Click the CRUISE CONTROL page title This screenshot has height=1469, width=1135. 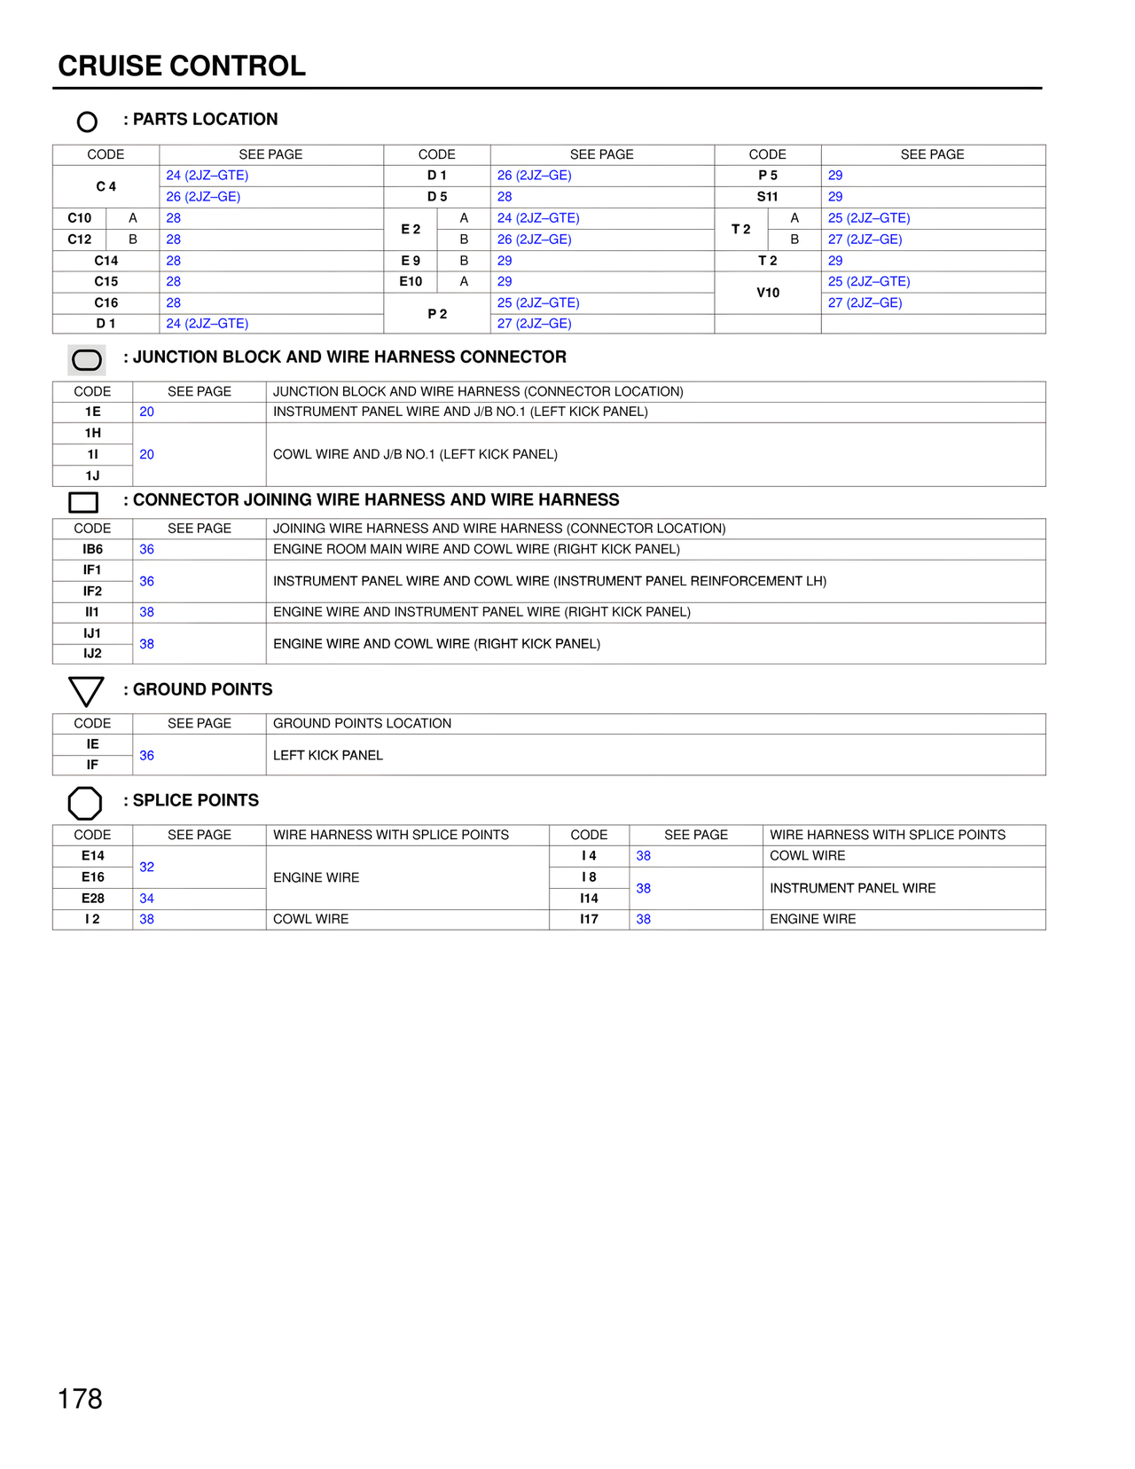(x=182, y=66)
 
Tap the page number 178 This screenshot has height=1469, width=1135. (x=80, y=1399)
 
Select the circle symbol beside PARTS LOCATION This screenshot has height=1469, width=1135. (x=87, y=122)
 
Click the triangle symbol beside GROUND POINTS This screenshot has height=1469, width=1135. (x=86, y=690)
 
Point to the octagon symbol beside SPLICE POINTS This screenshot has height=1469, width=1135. (x=85, y=804)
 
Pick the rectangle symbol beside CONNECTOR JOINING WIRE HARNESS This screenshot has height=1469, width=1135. (x=83, y=502)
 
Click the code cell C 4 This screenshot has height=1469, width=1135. (x=106, y=186)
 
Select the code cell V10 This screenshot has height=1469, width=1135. (x=768, y=293)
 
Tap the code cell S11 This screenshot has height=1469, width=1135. (x=768, y=197)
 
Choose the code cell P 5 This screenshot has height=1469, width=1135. (x=768, y=176)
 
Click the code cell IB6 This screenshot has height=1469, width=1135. (x=92, y=549)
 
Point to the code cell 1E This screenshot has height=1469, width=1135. (x=92, y=412)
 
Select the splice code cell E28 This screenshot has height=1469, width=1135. (x=92, y=899)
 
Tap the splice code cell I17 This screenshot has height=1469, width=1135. (x=589, y=919)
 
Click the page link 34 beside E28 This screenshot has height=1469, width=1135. (x=147, y=899)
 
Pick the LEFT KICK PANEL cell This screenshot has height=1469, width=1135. (x=328, y=755)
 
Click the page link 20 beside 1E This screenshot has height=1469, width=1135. (x=147, y=412)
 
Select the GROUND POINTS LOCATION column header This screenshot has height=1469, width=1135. (x=362, y=724)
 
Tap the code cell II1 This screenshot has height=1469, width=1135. (x=92, y=612)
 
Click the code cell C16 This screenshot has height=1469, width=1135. (x=106, y=302)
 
